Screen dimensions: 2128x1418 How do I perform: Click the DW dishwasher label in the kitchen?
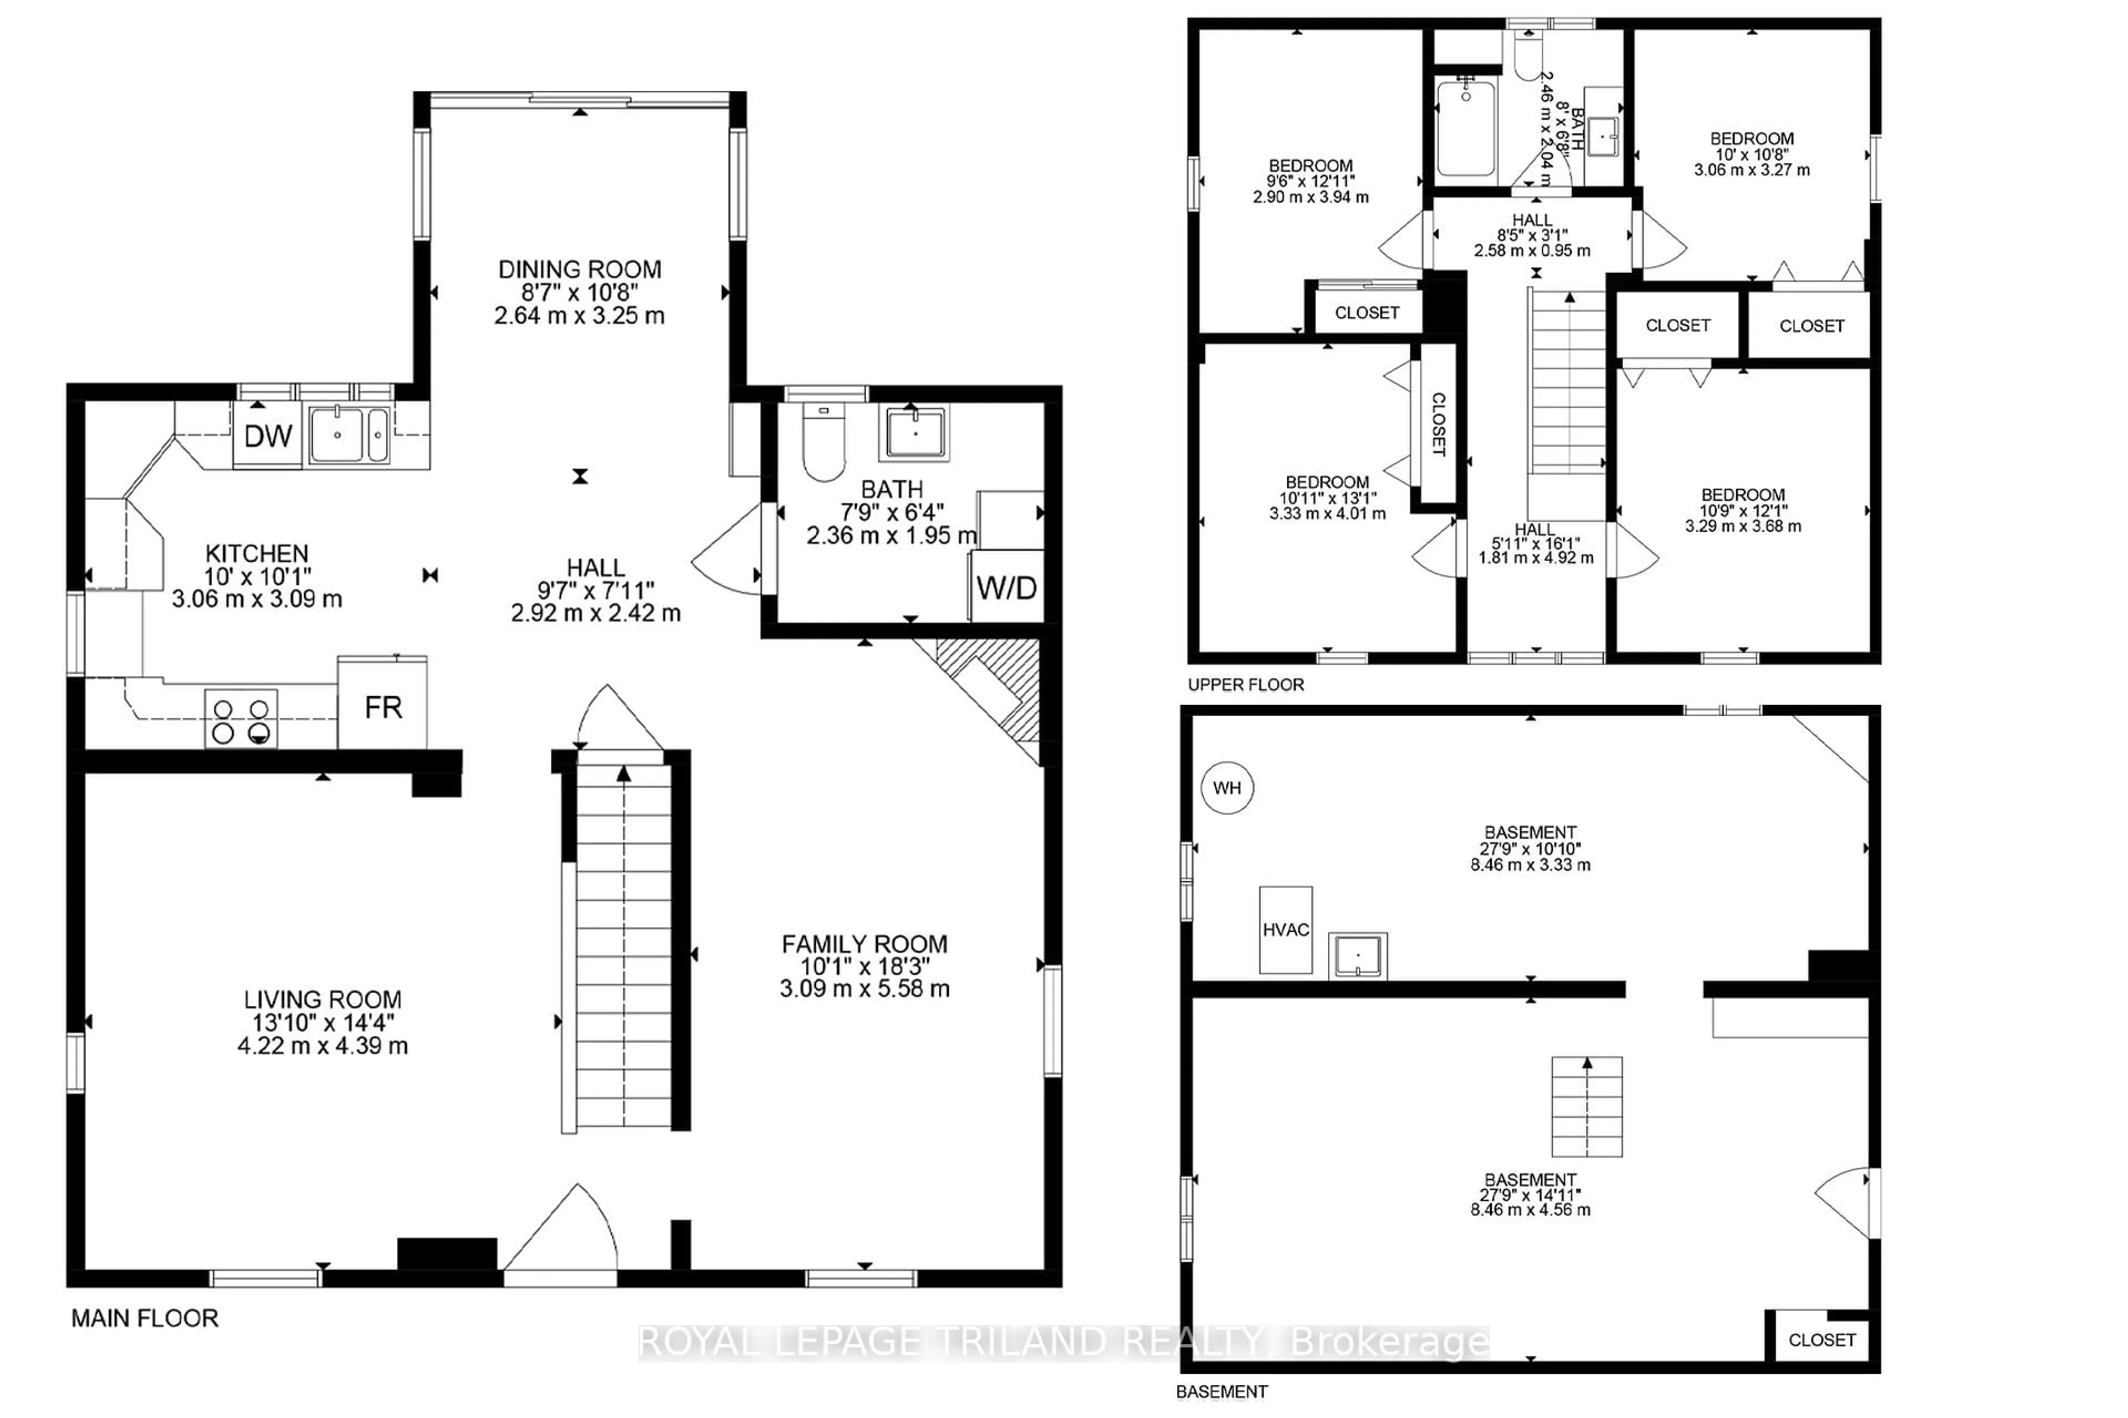pos(268,436)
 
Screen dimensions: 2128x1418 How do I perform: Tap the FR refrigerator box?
pos(383,703)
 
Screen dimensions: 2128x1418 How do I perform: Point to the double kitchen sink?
pos(349,435)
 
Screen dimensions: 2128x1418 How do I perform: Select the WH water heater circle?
pos(1227,788)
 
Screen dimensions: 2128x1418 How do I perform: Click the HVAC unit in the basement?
pos(1286,929)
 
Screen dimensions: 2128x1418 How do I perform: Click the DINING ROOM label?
pos(580,270)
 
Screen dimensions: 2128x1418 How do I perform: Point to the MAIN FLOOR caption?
pos(145,1318)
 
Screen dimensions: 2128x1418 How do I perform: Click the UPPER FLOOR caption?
pos(1246,685)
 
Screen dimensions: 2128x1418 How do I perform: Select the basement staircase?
pos(1587,1106)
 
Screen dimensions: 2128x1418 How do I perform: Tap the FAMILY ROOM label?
pos(865,944)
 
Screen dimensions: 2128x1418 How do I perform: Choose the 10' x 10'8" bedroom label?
pos(1752,154)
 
